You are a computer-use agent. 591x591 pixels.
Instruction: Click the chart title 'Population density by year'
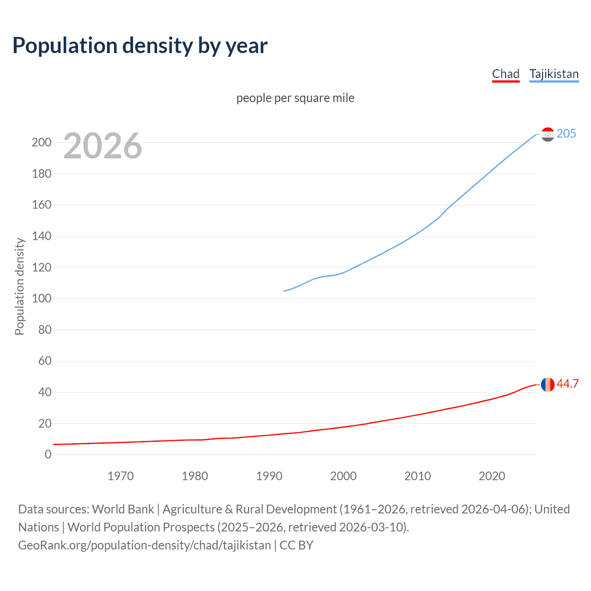pos(140,46)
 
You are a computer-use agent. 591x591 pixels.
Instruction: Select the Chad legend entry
pos(506,74)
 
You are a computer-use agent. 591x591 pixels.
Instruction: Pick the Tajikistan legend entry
pos(554,74)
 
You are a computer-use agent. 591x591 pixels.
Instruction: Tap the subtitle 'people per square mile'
pos(295,98)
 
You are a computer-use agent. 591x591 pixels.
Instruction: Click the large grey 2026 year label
pos(103,146)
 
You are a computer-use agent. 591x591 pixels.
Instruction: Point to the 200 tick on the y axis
pos(42,142)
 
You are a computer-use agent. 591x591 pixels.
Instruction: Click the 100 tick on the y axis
pos(42,298)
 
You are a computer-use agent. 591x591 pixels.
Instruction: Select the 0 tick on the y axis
pos(48,454)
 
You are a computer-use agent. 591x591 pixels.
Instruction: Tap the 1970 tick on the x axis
pos(121,476)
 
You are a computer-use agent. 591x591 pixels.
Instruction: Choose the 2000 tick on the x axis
pos(343,476)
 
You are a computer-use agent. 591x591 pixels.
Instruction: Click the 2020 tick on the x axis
pos(492,476)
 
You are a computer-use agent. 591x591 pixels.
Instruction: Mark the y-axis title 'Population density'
pos(19,286)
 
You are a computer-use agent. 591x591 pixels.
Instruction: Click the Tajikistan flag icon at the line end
pos(548,134)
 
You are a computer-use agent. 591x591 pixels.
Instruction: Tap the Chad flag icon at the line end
pos(548,384)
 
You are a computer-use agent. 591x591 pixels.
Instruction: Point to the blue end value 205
pos(566,133)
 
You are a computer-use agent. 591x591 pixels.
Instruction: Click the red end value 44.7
pos(567,384)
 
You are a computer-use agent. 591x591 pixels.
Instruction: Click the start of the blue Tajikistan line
pos(284,291)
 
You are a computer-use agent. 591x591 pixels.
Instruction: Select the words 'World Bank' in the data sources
pos(123,509)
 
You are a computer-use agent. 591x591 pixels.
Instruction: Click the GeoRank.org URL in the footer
pos(145,545)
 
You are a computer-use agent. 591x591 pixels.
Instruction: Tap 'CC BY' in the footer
pos(296,545)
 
